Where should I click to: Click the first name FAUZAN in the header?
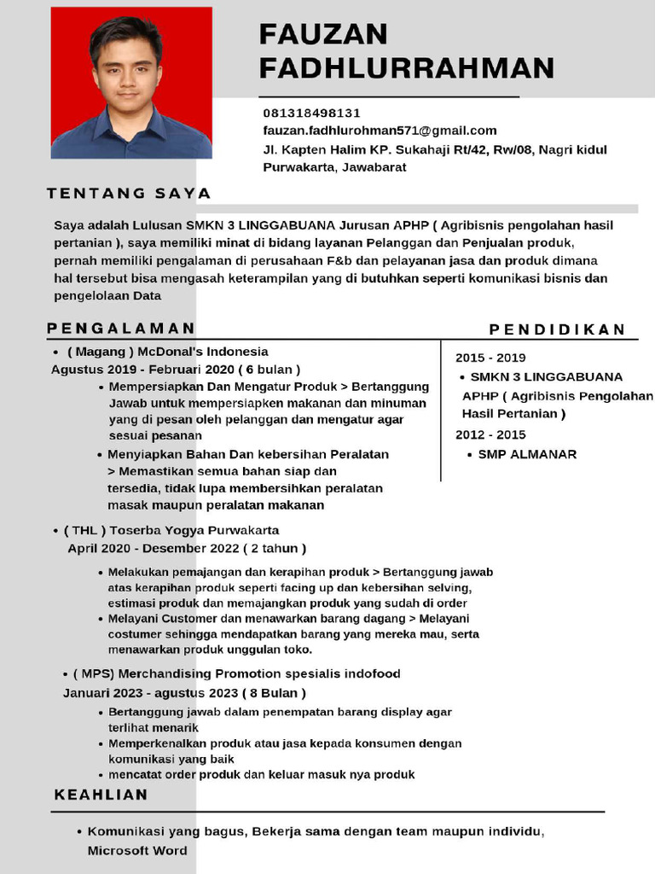(x=323, y=35)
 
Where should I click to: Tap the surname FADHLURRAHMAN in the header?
(x=407, y=68)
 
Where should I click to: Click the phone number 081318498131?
(x=311, y=113)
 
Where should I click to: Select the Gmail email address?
(x=380, y=131)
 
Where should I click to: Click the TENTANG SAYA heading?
(x=129, y=194)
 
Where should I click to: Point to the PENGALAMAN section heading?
(x=121, y=329)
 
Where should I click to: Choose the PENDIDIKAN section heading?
(x=557, y=329)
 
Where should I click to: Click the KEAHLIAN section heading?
(x=101, y=795)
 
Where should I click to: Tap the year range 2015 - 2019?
(x=490, y=358)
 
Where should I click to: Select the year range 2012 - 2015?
(x=490, y=434)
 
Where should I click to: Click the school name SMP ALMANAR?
(x=527, y=454)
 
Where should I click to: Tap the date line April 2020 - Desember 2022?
(x=187, y=548)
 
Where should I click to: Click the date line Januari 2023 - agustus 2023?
(x=184, y=692)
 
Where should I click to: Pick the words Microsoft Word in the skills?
(x=137, y=851)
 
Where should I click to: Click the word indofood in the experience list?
(x=372, y=673)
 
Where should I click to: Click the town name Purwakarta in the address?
(x=299, y=167)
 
